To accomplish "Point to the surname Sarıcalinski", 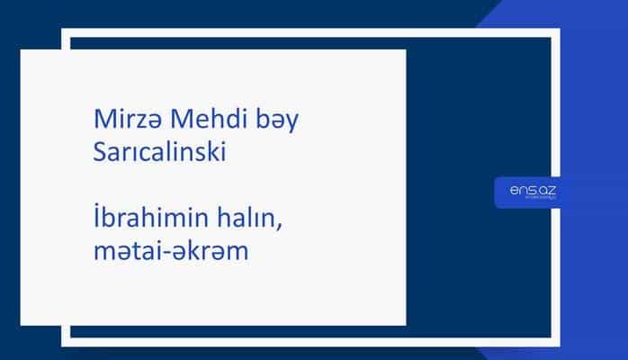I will point(166,153).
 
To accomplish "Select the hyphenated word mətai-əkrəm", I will point(171,251).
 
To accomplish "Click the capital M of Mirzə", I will point(102,120).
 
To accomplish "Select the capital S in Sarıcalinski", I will point(99,153).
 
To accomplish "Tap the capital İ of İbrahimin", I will point(96,218).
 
